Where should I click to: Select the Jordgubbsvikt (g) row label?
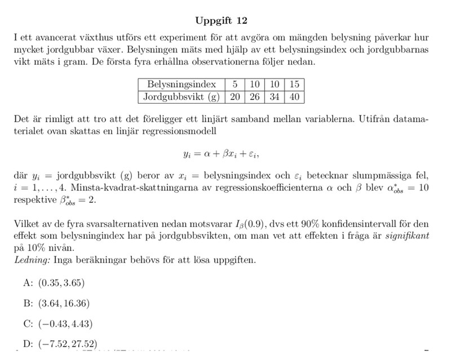pos(180,96)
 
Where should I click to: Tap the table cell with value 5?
pos(234,85)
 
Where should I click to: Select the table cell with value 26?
pos(254,96)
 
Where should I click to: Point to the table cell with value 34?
pos(275,96)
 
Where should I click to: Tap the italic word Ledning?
pos(31,260)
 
